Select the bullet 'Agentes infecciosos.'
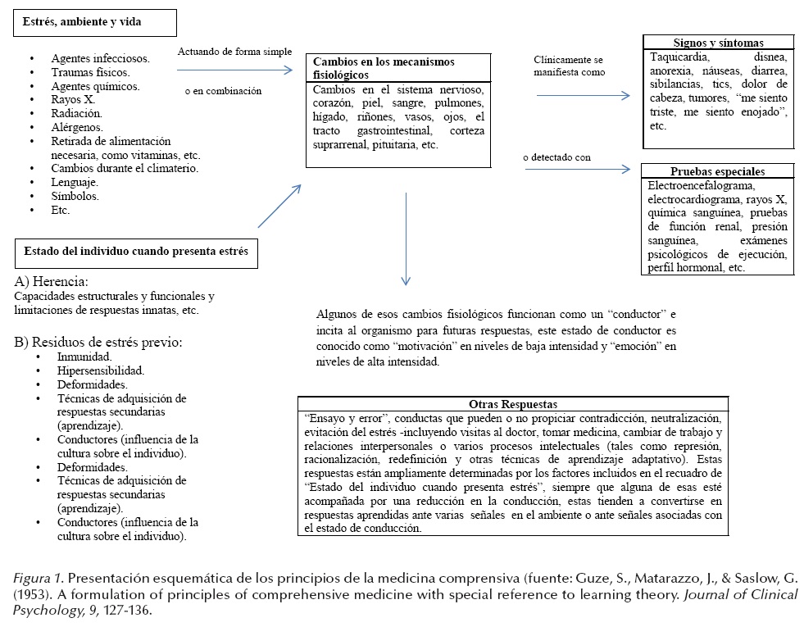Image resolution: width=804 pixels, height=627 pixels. coord(100,58)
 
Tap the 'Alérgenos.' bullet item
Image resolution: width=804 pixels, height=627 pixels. coord(77,127)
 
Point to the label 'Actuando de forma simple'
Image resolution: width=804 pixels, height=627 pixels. coord(234,52)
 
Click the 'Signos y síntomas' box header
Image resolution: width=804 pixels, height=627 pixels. coord(717,43)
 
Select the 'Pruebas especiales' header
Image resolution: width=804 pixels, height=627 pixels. coord(717,172)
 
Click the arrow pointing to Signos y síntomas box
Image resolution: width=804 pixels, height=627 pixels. coord(583,95)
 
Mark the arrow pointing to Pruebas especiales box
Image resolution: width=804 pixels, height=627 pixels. coord(583,170)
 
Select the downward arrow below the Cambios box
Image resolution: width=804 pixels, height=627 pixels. coord(406,239)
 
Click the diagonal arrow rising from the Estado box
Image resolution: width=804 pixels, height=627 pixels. coord(279,205)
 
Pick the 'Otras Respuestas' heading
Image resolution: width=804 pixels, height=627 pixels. coord(513,404)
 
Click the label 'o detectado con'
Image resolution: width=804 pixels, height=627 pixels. coord(556,157)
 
